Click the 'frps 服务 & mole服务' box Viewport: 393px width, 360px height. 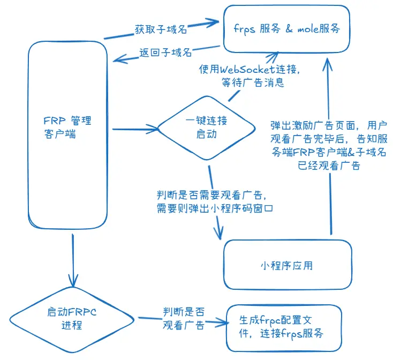click(286, 28)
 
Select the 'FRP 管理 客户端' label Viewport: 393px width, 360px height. click(68, 127)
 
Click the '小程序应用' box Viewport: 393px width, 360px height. click(287, 265)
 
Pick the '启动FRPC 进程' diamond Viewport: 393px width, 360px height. click(72, 318)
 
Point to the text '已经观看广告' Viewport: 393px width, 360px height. click(329, 166)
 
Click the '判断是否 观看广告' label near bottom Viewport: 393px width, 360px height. click(183, 318)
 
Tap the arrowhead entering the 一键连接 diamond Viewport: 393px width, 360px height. click(155, 129)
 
